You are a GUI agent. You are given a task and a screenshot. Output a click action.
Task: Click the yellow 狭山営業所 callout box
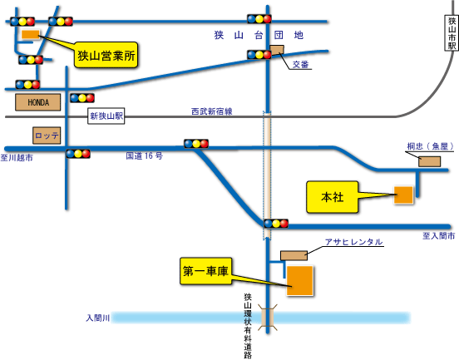click(x=106, y=55)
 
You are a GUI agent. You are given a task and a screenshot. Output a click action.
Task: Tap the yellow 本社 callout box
click(x=333, y=197)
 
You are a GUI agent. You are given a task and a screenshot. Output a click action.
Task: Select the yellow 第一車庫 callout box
click(x=205, y=271)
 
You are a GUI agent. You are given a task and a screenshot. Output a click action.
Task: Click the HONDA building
click(x=38, y=102)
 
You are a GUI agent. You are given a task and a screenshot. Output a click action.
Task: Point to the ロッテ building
click(x=47, y=136)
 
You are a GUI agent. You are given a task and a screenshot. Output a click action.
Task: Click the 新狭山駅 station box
click(x=106, y=116)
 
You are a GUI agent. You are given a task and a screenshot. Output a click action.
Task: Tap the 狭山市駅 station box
click(x=452, y=33)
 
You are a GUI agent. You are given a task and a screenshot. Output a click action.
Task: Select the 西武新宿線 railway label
click(x=212, y=111)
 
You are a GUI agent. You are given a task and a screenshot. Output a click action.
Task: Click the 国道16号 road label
click(x=144, y=155)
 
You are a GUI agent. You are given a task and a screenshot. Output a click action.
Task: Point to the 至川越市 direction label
click(x=17, y=158)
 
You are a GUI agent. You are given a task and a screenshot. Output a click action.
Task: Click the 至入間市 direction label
click(x=438, y=235)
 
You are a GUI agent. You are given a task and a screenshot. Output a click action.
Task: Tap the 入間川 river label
click(x=98, y=318)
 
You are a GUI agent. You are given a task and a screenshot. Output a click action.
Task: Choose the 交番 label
click(x=301, y=65)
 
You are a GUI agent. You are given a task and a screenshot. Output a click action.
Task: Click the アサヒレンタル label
click(x=354, y=242)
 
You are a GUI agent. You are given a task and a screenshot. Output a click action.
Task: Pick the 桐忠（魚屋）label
click(x=431, y=146)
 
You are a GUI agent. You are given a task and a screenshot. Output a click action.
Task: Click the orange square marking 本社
click(x=403, y=195)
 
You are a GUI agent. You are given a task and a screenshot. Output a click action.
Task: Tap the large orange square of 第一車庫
click(x=299, y=281)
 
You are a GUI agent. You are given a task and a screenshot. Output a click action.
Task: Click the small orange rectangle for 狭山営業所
click(x=31, y=34)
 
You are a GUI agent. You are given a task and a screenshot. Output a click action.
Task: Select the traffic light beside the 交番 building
click(x=259, y=55)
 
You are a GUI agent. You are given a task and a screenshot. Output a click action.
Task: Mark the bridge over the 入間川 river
click(x=268, y=318)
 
